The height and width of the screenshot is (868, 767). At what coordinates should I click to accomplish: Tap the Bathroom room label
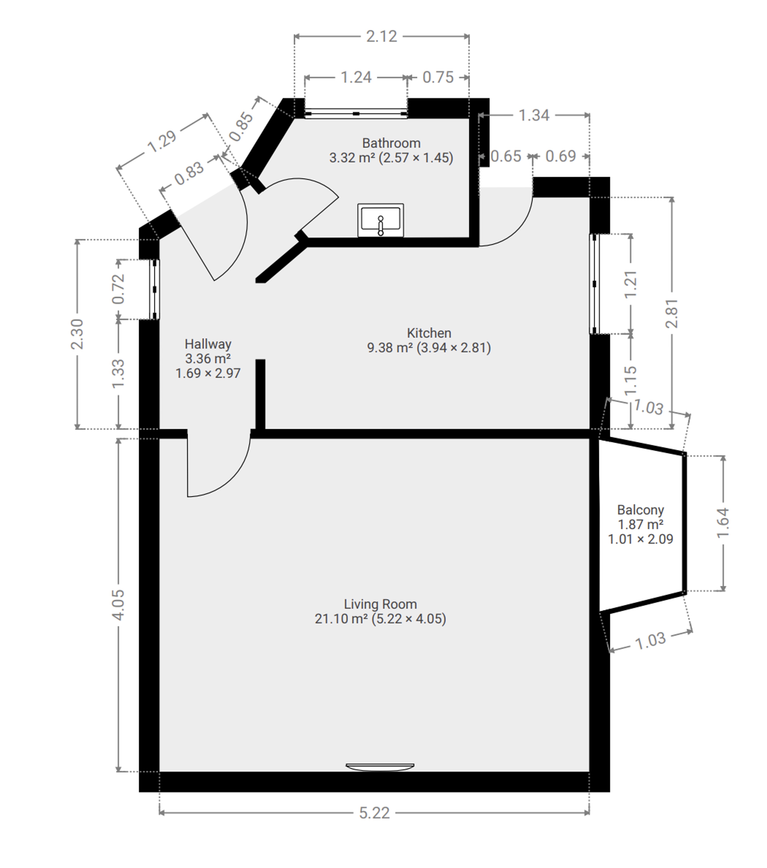click(391, 143)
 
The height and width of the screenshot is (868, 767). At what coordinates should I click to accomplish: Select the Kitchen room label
click(429, 333)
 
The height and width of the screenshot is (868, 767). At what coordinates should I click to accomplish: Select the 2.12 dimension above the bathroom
click(381, 37)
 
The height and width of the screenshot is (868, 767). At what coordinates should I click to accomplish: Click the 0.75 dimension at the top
click(438, 77)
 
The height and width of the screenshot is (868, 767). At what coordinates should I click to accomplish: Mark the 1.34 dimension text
click(534, 115)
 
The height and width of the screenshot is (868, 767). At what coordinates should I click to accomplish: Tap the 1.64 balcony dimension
click(723, 523)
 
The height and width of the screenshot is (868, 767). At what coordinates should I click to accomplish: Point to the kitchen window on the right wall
click(594, 284)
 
